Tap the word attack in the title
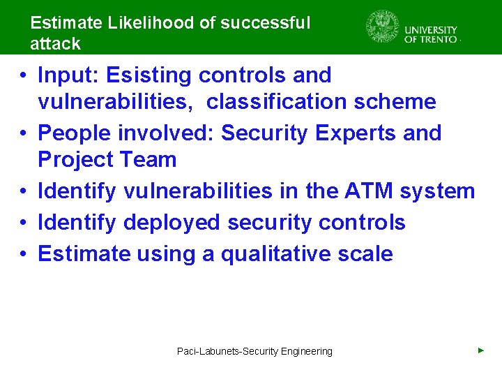tap(55, 43)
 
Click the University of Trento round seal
tap(383, 27)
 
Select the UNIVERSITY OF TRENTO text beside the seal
tap(431, 34)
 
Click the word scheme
tap(397, 102)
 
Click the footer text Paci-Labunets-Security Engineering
tap(254, 351)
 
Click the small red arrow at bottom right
tap(480, 350)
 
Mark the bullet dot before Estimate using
tap(24, 254)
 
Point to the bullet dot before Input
tap(24, 75)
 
